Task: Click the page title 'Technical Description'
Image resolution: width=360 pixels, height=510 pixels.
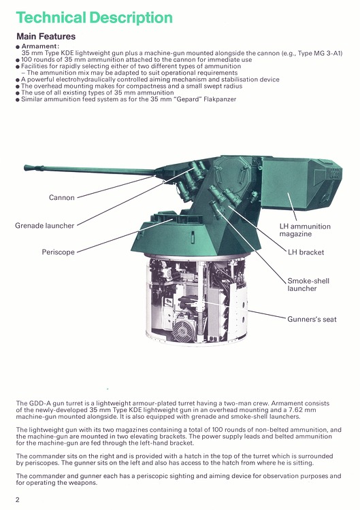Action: coord(94,17)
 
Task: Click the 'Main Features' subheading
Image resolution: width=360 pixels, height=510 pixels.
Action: coord(46,36)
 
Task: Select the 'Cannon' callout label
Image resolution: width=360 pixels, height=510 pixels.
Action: coord(61,198)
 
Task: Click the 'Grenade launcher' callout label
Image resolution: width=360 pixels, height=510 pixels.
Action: coord(45,225)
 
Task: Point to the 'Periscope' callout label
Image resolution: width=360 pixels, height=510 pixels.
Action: coord(57,252)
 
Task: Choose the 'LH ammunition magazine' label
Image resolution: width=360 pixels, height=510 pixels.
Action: coord(305,230)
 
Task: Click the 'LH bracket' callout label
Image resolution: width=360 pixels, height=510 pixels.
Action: coord(306,252)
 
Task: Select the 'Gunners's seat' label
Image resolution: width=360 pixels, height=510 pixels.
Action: coord(312,319)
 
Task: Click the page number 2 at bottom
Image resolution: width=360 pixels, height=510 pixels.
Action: coord(17,500)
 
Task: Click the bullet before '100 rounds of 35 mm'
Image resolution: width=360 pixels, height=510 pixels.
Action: coord(18,59)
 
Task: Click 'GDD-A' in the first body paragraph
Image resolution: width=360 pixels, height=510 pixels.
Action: coord(37,403)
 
